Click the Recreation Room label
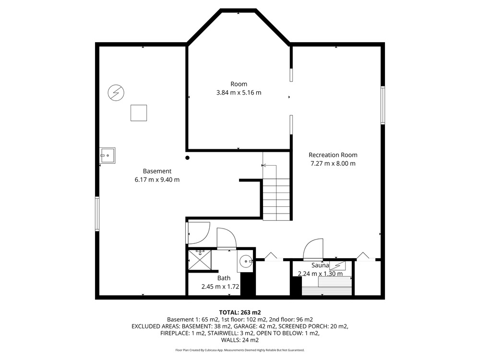click(333, 155)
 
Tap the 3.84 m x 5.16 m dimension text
click(239, 93)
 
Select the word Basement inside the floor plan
click(157, 171)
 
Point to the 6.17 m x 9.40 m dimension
click(157, 180)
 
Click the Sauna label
click(320, 265)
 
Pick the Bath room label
click(224, 278)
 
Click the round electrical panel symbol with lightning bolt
click(116, 93)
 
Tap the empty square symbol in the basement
click(139, 113)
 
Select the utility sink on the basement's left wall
click(108, 156)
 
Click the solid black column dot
click(187, 158)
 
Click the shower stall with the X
click(200, 260)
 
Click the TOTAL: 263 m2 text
click(240, 312)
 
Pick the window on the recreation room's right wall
click(383, 105)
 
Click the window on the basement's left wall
click(97, 214)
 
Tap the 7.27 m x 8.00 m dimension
click(333, 164)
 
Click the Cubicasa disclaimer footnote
click(240, 350)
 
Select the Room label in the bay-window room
click(239, 84)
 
